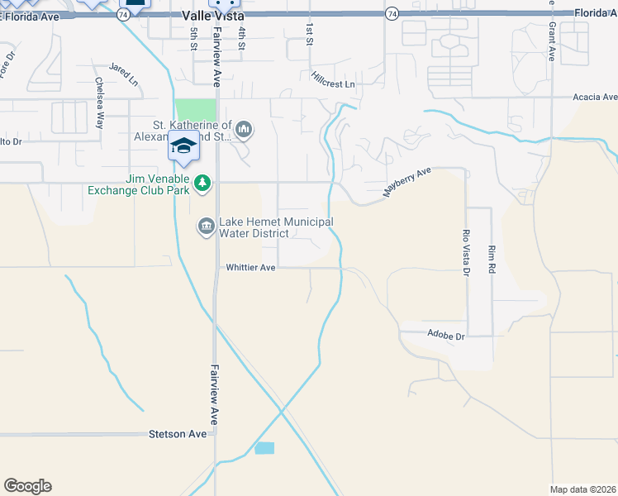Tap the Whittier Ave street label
(250, 268)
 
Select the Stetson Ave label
(177, 434)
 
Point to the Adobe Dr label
(446, 336)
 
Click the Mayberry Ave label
(407, 182)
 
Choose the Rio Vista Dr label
(466, 252)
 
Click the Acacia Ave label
(596, 97)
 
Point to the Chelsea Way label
(99, 103)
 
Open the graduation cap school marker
(183, 147)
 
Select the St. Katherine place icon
(244, 129)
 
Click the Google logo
(27, 486)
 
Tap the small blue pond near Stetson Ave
(264, 448)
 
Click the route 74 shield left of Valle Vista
(125, 15)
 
